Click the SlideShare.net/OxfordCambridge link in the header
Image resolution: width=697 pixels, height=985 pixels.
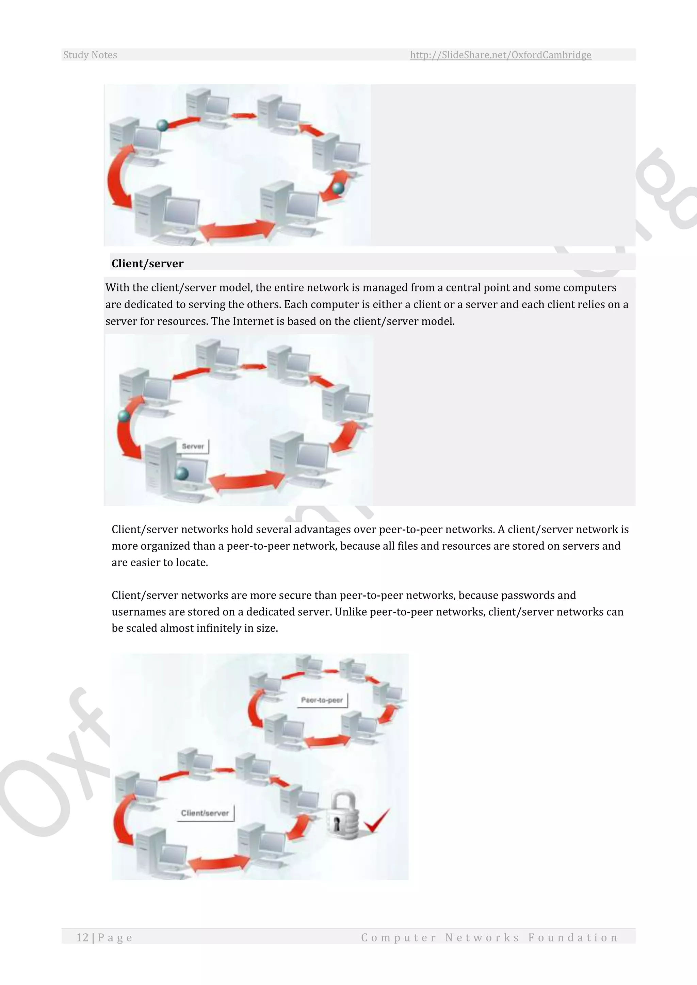pos(500,55)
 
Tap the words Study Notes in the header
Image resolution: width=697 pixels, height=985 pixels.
pos(90,55)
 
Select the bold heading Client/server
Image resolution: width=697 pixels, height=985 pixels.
pos(147,263)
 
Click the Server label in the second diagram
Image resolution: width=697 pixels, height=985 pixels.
pos(193,446)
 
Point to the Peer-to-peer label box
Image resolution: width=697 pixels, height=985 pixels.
pos(322,700)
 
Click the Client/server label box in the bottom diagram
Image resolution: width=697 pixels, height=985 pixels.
pos(205,813)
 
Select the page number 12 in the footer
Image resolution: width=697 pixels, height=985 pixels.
pos(82,937)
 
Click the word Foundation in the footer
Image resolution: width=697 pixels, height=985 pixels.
pos(573,937)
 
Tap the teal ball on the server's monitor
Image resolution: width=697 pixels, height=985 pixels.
pos(182,474)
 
